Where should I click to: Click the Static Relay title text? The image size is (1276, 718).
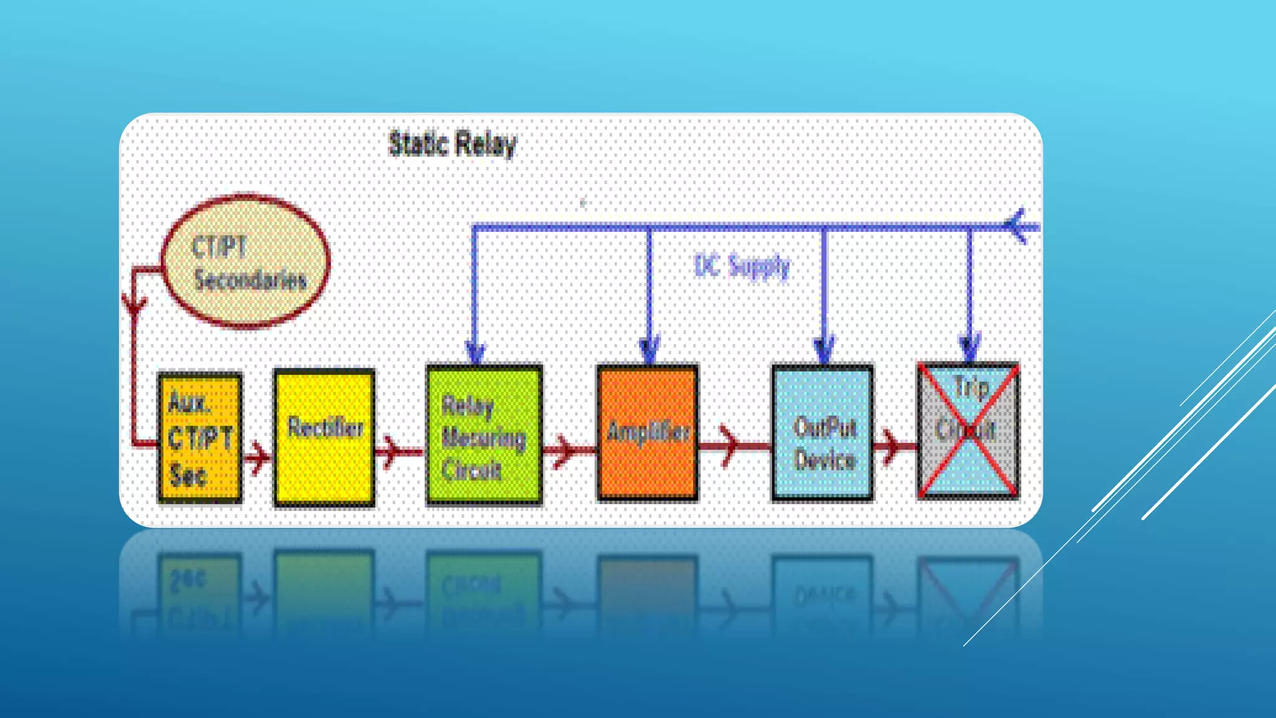click(452, 144)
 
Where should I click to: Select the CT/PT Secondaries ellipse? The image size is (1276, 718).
click(245, 261)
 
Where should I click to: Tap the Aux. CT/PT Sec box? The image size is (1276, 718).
click(199, 437)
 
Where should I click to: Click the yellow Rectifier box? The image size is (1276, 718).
click(324, 437)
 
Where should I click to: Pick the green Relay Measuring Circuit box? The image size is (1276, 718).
click(483, 434)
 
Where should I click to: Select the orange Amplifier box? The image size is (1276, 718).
click(647, 433)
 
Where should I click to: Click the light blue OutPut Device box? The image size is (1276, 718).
click(822, 433)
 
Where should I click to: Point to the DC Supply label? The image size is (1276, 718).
click(741, 267)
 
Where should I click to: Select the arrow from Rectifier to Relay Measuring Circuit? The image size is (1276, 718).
click(391, 451)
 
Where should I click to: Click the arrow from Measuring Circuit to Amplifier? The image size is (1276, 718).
click(564, 450)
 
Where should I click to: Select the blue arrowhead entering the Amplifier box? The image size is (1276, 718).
click(649, 350)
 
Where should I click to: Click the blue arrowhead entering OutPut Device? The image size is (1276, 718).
click(824, 350)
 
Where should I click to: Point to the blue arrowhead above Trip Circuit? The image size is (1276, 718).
click(969, 348)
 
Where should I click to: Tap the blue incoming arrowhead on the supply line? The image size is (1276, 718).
click(1017, 226)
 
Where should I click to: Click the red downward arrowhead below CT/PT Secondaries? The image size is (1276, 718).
click(134, 305)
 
